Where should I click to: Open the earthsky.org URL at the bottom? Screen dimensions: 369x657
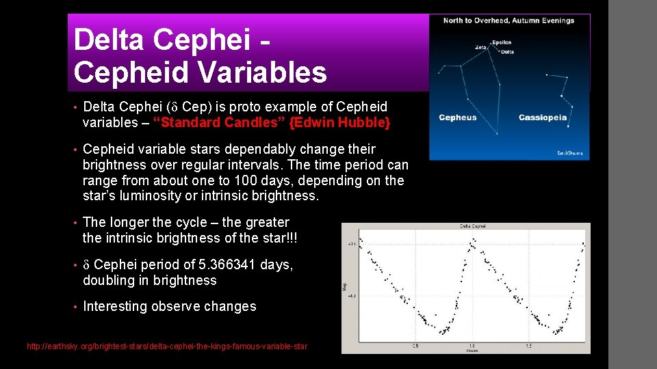[167, 347]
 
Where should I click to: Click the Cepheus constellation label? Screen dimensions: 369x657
[458, 118]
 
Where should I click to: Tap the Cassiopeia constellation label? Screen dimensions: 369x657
[543, 118]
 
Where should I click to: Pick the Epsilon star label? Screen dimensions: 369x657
[501, 42]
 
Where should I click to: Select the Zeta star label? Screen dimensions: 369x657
[482, 47]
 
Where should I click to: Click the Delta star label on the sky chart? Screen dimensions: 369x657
[506, 51]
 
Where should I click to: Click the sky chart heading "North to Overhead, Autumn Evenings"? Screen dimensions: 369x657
[508, 20]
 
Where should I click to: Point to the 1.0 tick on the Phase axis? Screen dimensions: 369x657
[472, 346]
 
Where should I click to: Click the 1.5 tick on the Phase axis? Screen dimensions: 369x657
[529, 346]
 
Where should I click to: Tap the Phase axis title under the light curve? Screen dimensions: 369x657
[472, 350]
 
